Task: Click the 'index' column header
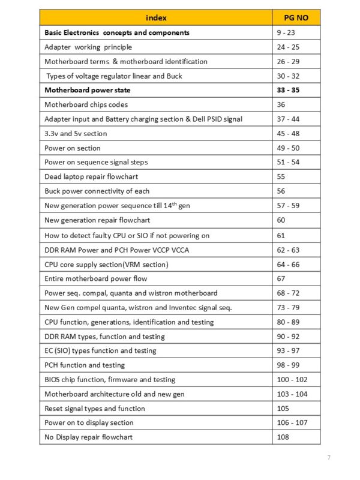pos(155,18)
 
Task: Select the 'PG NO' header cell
pos(295,18)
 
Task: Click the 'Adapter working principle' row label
pos(88,47)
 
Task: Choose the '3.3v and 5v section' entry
pos(76,134)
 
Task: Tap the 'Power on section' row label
pos(73,148)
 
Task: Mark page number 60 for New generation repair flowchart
pos(281,220)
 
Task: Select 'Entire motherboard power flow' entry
pos(96,278)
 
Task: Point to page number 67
pos(281,278)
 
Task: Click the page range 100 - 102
pos(293,379)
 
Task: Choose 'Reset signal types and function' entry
pos(95,409)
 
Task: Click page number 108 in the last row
pos(283,437)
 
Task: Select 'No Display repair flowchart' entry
pos(89,437)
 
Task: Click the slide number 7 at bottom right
pos(328,458)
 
